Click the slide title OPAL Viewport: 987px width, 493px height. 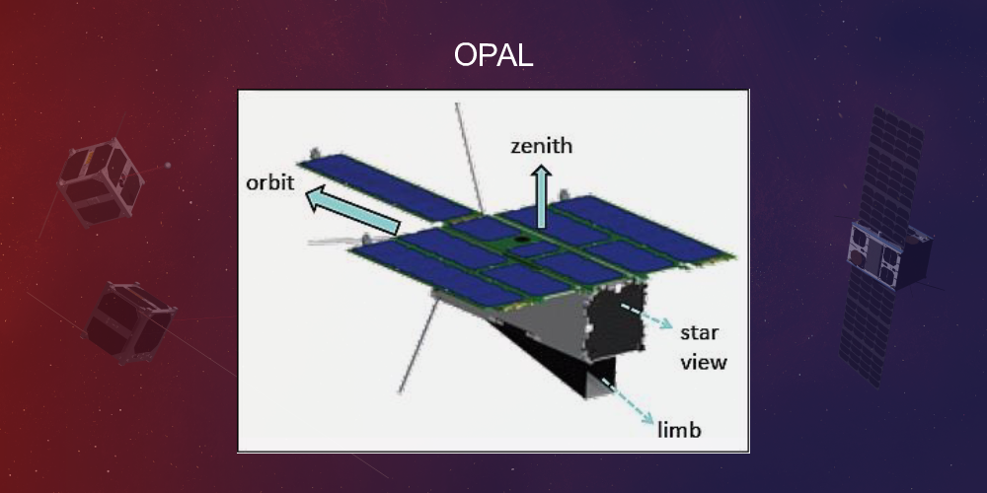pyautogui.click(x=493, y=55)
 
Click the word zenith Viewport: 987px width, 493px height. pyautogui.click(x=541, y=147)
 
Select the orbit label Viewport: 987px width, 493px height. pyautogui.click(x=270, y=184)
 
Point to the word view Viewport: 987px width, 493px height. pyautogui.click(x=703, y=362)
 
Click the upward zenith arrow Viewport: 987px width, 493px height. pyautogui.click(x=541, y=195)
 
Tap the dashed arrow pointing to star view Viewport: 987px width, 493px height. pyautogui.click(x=646, y=318)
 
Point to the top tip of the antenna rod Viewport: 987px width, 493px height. pyautogui.click(x=457, y=105)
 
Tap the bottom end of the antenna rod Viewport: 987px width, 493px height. pyautogui.click(x=401, y=388)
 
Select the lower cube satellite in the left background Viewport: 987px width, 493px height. pyautogui.click(x=129, y=321)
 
